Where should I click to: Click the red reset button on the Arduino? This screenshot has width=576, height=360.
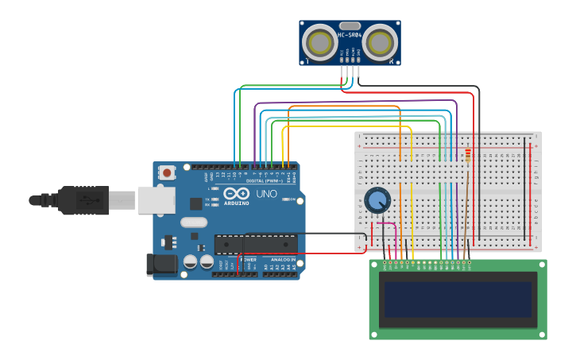coord(167,172)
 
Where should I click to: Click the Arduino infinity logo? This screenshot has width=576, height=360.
coord(236,193)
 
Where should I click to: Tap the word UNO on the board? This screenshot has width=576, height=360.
coord(266,193)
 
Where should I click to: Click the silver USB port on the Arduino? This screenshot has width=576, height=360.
coord(156,200)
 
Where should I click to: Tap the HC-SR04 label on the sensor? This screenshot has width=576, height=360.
coord(350,35)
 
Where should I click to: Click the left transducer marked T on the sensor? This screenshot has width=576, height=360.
coord(321,43)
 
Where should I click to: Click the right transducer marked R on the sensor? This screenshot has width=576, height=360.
coord(379,43)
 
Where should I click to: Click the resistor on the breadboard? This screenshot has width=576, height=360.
coord(468,155)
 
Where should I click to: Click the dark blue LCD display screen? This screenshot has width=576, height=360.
coord(457,299)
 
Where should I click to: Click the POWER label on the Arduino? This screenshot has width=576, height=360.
coord(248,259)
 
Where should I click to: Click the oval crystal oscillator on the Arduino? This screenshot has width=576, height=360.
coord(194,223)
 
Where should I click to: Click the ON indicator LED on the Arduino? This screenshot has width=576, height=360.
coord(291,199)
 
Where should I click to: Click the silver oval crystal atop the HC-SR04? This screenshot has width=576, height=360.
coord(350,25)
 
